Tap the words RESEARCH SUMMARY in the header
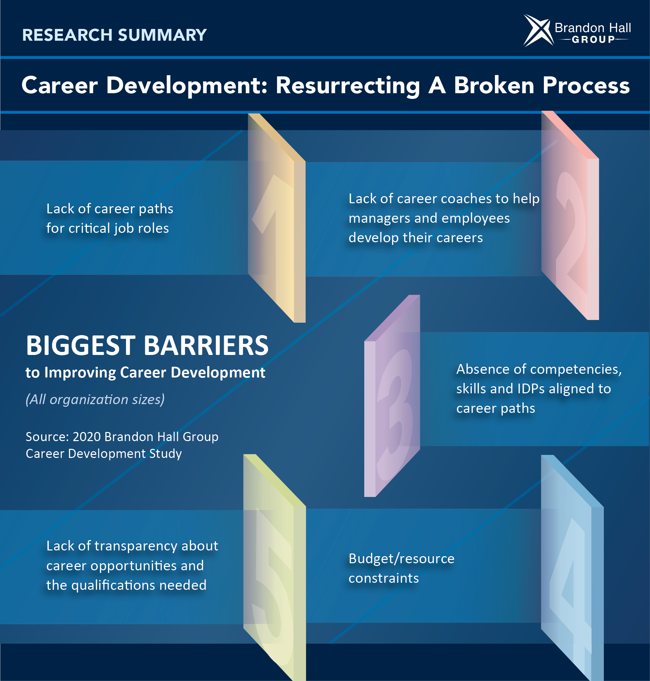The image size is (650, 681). point(114,35)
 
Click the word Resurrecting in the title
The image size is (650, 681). point(347,85)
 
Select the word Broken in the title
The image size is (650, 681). point(494,85)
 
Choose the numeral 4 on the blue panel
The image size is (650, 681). point(572,588)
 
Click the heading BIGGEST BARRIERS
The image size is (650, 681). point(147,345)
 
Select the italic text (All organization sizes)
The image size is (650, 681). point(95,400)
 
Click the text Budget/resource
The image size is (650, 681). point(402,559)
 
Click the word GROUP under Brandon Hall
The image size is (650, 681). point(593,39)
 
